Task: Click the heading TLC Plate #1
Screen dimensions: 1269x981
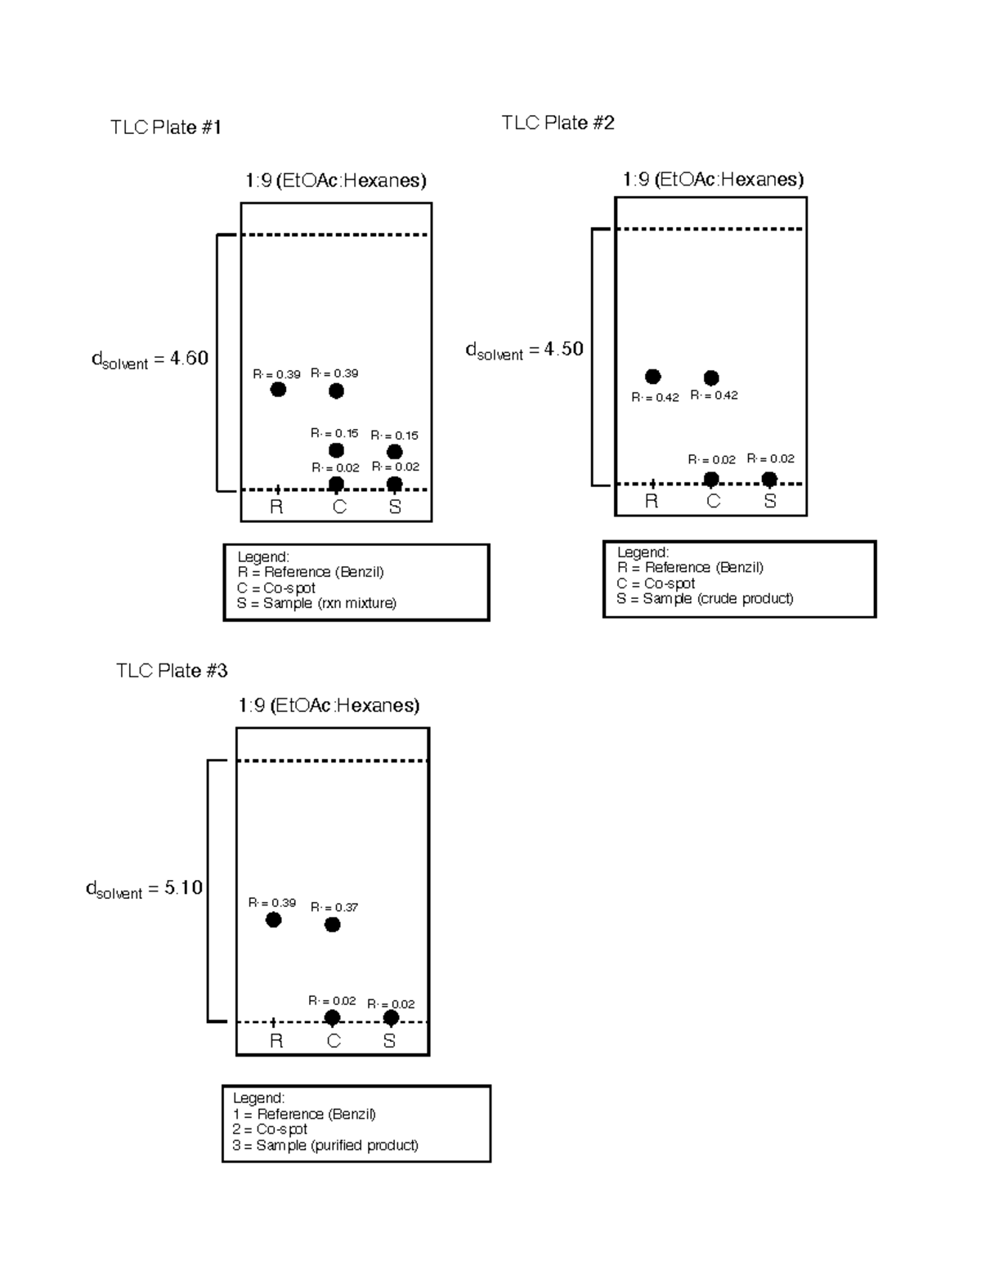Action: coord(166,127)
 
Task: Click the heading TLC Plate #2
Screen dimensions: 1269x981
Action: coord(558,123)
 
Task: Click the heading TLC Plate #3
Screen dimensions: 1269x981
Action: coord(172,671)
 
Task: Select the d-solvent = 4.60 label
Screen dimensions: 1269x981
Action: coord(150,359)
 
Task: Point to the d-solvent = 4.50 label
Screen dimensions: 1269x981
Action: coord(524,350)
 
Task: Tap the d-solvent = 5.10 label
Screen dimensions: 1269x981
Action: coord(144,888)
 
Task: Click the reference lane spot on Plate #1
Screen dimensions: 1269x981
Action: coord(278,390)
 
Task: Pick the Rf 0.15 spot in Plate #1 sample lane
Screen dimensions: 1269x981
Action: coord(394,452)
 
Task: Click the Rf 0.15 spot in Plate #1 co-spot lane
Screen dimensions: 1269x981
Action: coord(336,450)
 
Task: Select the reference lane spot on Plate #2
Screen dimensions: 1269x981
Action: coord(652,377)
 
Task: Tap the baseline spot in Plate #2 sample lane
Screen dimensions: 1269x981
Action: coord(769,479)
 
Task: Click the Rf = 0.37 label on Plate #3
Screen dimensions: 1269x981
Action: coord(334,907)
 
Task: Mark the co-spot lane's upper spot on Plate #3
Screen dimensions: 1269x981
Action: coord(332,925)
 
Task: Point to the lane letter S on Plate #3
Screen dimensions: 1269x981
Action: coord(389,1041)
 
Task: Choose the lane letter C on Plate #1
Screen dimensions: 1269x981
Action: coord(339,507)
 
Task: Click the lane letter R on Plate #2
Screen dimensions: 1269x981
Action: coord(652,502)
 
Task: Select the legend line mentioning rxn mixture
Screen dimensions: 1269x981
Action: coord(316,603)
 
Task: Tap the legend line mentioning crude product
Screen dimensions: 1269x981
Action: coord(705,598)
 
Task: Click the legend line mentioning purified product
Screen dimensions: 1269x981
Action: coord(325,1145)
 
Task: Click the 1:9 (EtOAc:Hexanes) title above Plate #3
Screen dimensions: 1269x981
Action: coord(329,705)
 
